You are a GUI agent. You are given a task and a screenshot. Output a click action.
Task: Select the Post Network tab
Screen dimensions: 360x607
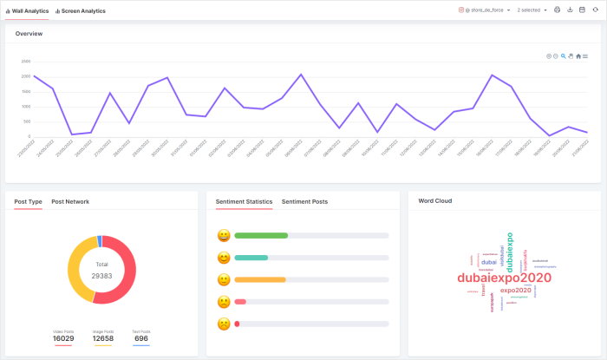click(x=69, y=201)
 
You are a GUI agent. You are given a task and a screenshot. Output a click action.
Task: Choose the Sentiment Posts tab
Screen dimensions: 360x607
click(x=304, y=201)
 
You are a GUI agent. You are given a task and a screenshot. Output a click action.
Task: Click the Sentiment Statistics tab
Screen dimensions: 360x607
click(x=245, y=201)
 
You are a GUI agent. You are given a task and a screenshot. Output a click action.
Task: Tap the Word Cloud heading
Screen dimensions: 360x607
click(x=434, y=200)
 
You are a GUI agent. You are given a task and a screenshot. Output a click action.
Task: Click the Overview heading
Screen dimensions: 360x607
click(x=29, y=34)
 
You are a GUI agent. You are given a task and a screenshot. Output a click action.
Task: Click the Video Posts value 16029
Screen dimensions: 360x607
click(x=63, y=337)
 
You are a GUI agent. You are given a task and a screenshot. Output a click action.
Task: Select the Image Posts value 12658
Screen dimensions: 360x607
click(x=102, y=337)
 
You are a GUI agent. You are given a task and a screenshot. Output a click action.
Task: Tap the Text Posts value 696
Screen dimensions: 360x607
click(x=141, y=337)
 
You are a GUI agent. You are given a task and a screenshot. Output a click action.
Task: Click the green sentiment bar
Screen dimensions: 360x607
click(x=261, y=235)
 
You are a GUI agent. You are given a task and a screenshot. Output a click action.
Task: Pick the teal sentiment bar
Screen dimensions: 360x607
click(x=251, y=258)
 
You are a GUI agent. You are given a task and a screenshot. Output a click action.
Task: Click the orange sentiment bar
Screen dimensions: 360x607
click(x=260, y=279)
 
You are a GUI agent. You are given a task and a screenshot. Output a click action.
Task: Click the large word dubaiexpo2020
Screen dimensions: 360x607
click(x=505, y=278)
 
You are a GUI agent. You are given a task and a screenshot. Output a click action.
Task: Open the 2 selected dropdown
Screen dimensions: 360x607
click(x=532, y=10)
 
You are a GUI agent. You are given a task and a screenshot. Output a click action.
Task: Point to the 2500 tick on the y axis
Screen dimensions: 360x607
click(x=26, y=62)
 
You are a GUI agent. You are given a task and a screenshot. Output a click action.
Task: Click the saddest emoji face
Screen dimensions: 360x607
click(x=224, y=324)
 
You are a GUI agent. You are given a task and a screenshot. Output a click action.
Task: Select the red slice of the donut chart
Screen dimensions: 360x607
click(x=128, y=278)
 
